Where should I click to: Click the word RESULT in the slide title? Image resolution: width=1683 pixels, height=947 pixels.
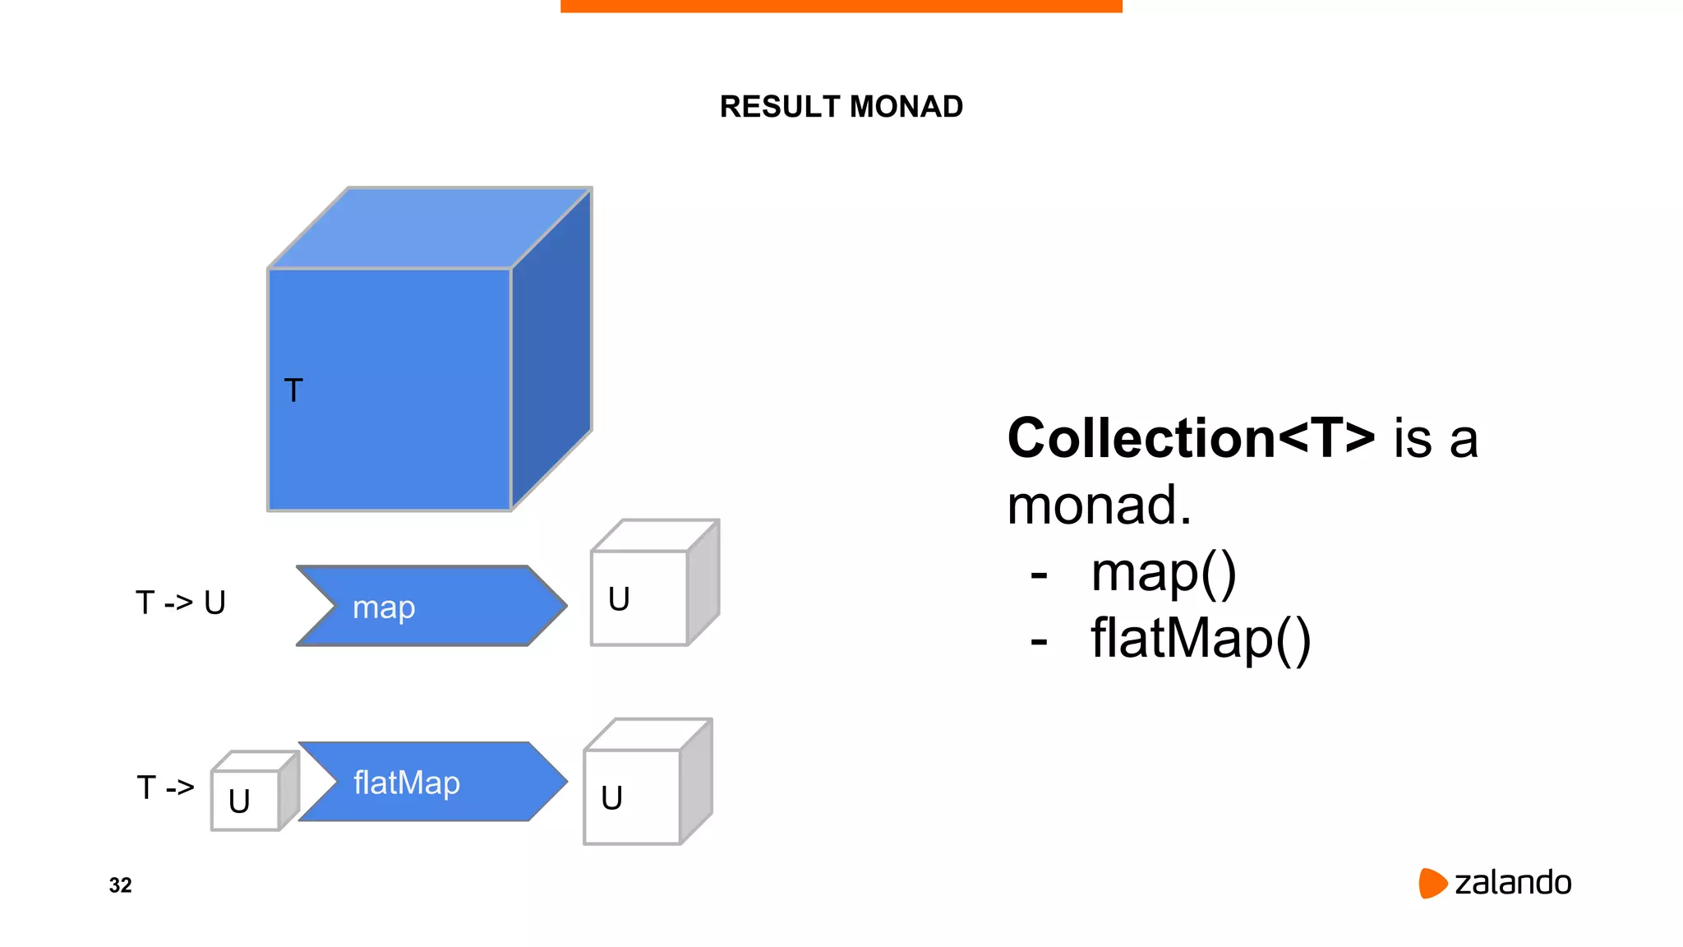coord(780,107)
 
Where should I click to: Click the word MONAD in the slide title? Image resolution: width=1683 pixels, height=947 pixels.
coord(906,107)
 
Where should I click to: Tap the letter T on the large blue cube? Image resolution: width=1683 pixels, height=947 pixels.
coord(293,390)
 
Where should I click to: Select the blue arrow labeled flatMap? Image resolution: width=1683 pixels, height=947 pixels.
coord(432,782)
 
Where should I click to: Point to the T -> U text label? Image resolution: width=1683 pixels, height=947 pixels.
coord(181,603)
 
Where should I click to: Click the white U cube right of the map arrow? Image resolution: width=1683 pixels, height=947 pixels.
coord(639,598)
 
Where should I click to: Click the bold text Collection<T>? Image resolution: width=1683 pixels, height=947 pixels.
coord(1191,437)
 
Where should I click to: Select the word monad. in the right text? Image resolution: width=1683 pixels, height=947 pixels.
coord(1099,505)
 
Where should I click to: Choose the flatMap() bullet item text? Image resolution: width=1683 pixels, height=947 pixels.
coord(1200,639)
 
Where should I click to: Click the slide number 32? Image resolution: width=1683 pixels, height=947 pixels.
coord(120,885)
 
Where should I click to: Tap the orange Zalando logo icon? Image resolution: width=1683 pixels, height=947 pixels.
coord(1432,883)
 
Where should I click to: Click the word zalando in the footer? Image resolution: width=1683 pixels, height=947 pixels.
coord(1513,883)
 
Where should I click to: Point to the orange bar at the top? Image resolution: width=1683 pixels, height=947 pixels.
coord(841,6)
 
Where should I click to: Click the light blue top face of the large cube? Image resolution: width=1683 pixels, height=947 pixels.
coord(430,228)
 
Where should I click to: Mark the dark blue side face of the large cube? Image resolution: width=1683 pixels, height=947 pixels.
coord(551,349)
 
